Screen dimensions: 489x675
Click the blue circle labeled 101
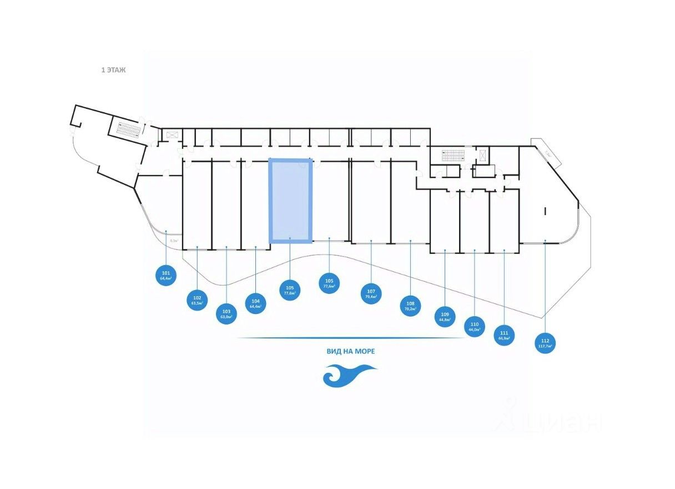166,275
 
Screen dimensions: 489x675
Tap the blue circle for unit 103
226,314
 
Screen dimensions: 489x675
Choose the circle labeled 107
371,294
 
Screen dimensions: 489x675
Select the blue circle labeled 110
474,327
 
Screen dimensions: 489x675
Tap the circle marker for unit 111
503,335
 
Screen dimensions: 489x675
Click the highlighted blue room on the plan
290,201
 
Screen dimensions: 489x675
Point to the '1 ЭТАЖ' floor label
113,71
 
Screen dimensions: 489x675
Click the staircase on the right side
452,156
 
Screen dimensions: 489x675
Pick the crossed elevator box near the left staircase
171,134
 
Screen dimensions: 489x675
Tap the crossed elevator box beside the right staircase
483,155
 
